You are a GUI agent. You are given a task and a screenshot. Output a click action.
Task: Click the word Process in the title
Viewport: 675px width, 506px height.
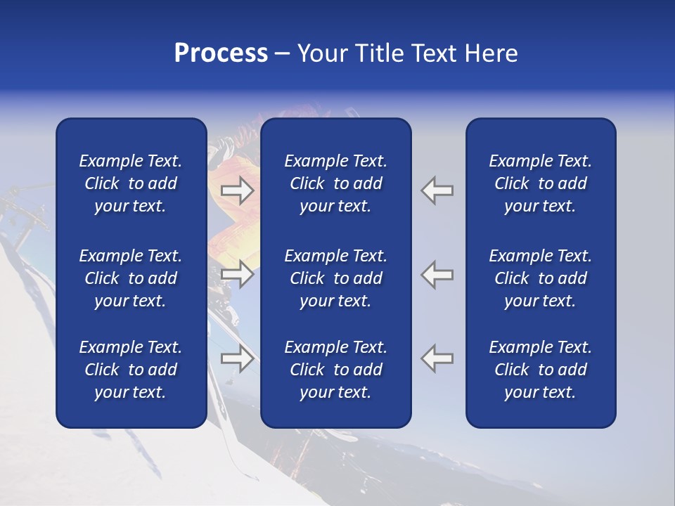click(221, 53)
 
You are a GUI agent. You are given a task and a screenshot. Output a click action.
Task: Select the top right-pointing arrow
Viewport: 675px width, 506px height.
click(238, 190)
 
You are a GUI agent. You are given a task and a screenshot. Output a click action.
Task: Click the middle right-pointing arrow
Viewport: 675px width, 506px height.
click(238, 274)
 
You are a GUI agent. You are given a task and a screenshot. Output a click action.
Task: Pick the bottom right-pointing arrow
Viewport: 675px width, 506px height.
click(238, 358)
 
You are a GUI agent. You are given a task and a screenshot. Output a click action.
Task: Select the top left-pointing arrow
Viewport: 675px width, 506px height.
click(437, 190)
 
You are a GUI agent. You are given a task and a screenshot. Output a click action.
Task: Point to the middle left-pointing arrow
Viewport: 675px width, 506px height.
click(437, 274)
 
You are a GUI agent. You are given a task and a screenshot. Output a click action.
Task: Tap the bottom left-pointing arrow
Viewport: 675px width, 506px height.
click(437, 358)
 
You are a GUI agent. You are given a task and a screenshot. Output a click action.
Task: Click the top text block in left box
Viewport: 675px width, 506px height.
click(131, 183)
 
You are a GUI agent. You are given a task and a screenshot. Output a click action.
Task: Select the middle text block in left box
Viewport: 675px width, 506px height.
click(131, 278)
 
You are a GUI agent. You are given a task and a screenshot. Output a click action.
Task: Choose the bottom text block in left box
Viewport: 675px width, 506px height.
click(131, 370)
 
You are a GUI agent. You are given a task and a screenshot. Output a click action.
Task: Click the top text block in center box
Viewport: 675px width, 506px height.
click(335, 183)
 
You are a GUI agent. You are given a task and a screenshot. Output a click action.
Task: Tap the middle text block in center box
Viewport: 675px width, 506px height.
click(335, 278)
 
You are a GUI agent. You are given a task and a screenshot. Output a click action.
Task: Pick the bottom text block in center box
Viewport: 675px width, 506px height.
click(335, 370)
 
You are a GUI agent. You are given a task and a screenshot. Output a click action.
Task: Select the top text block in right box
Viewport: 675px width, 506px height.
click(540, 183)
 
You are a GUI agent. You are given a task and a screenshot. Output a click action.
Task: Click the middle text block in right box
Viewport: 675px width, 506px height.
click(540, 278)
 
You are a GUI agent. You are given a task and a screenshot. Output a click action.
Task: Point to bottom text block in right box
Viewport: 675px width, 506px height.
click(540, 370)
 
